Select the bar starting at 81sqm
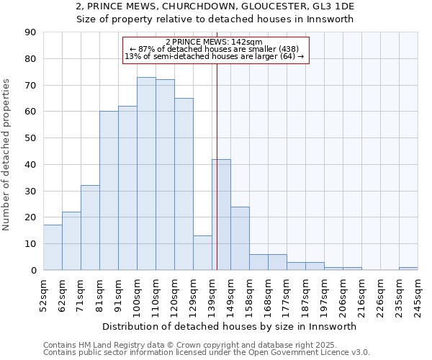pyautogui.click(x=109, y=191)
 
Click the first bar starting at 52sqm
pyautogui.click(x=53, y=248)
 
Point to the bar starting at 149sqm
pyautogui.click(x=240, y=238)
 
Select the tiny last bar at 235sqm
pyautogui.click(x=408, y=269)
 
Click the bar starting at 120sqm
pyautogui.click(x=184, y=184)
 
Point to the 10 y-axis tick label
pyautogui.click(x=31, y=243)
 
